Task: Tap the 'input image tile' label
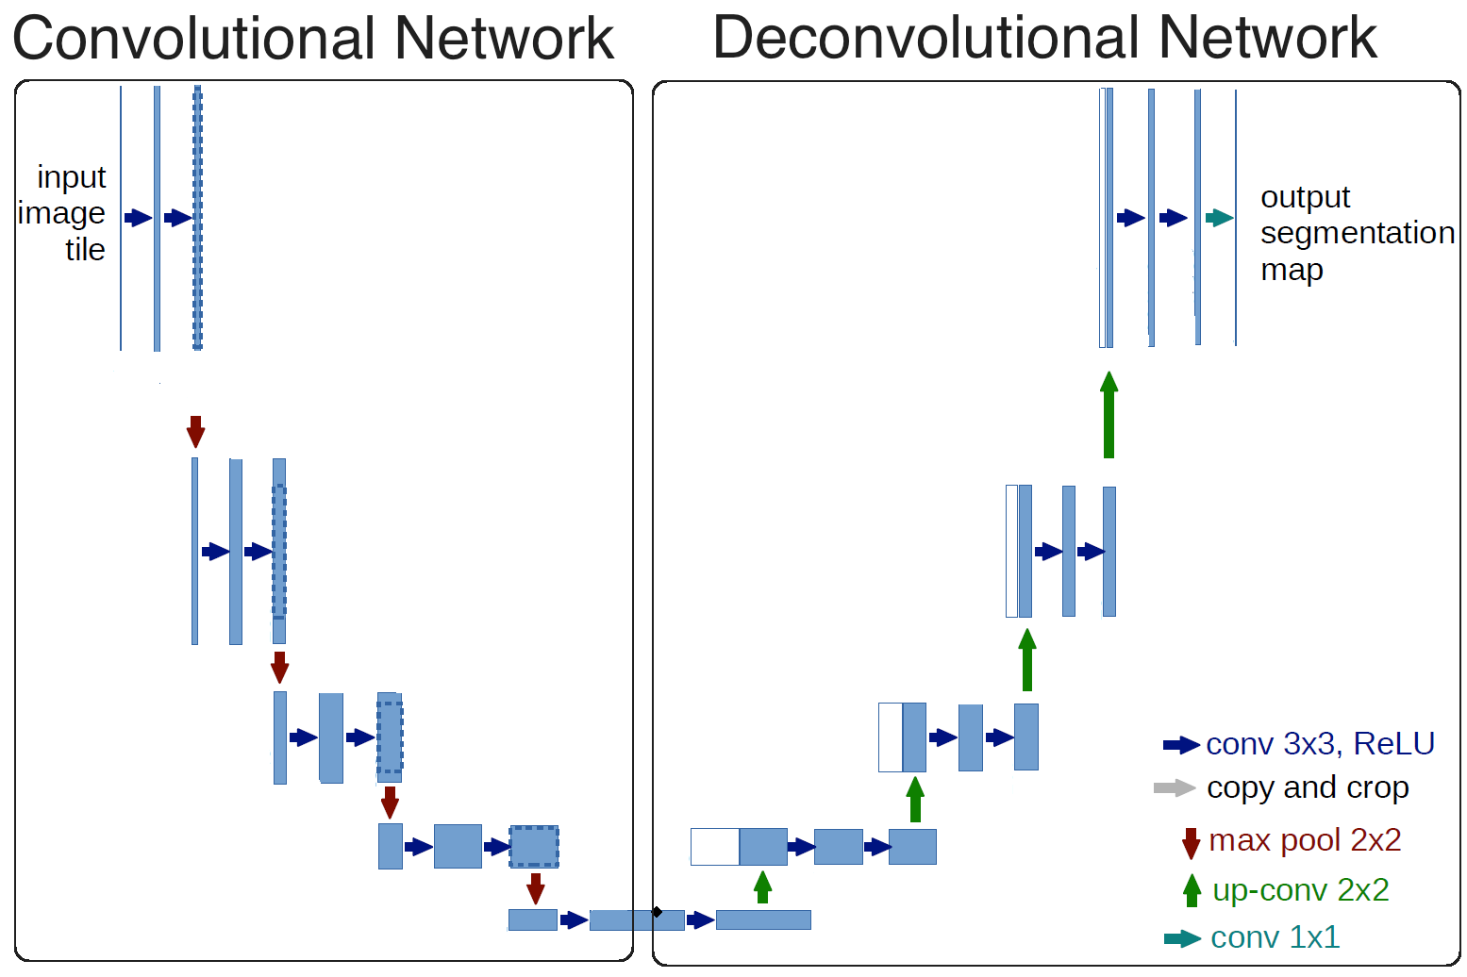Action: pyautogui.click(x=64, y=213)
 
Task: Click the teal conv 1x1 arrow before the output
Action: pyautogui.click(x=1219, y=218)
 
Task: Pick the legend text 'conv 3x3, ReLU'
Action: pyautogui.click(x=1320, y=744)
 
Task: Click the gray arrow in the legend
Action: pyautogui.click(x=1175, y=787)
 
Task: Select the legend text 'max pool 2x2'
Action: pyautogui.click(x=1305, y=839)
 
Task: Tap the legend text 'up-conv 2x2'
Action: pyautogui.click(x=1300, y=890)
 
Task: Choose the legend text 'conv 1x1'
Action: pyautogui.click(x=1275, y=937)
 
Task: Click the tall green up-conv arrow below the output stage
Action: pyautogui.click(x=1109, y=415)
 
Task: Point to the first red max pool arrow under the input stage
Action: pyautogui.click(x=195, y=431)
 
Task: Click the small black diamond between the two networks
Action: pyautogui.click(x=657, y=912)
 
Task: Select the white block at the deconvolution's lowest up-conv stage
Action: pyautogui.click(x=714, y=847)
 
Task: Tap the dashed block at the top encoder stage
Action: pyautogui.click(x=197, y=218)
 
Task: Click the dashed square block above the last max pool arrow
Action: pyautogui.click(x=534, y=847)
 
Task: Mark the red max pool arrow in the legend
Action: pyautogui.click(x=1191, y=842)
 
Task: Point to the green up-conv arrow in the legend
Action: pyautogui.click(x=1192, y=890)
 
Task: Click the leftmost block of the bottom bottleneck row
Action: pyautogui.click(x=532, y=919)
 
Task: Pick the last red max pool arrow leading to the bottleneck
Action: pyautogui.click(x=536, y=888)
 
